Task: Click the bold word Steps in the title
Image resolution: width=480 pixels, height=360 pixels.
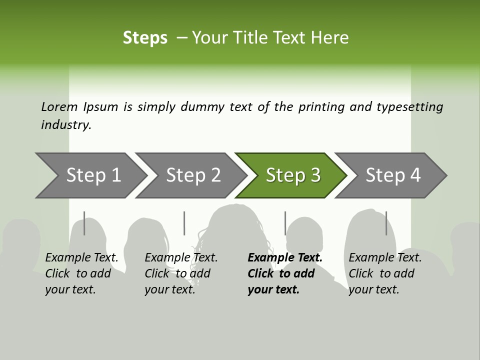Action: (145, 38)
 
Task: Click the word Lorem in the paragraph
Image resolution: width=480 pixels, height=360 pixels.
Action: (59, 107)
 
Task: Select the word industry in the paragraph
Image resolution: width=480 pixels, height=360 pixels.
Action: (65, 125)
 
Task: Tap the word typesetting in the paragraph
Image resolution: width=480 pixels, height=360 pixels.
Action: (409, 107)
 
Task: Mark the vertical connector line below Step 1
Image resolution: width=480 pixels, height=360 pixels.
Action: (84, 223)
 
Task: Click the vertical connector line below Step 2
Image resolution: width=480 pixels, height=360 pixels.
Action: (184, 223)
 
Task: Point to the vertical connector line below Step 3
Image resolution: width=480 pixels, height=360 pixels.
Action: (285, 223)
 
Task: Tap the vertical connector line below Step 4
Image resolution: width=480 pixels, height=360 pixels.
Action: (386, 223)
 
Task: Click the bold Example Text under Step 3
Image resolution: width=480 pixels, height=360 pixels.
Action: (285, 258)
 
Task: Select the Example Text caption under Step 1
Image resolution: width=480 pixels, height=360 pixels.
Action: (82, 258)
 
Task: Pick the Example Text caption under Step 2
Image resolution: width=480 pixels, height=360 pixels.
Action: (181, 258)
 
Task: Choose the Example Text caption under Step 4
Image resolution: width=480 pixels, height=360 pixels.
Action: (385, 258)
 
